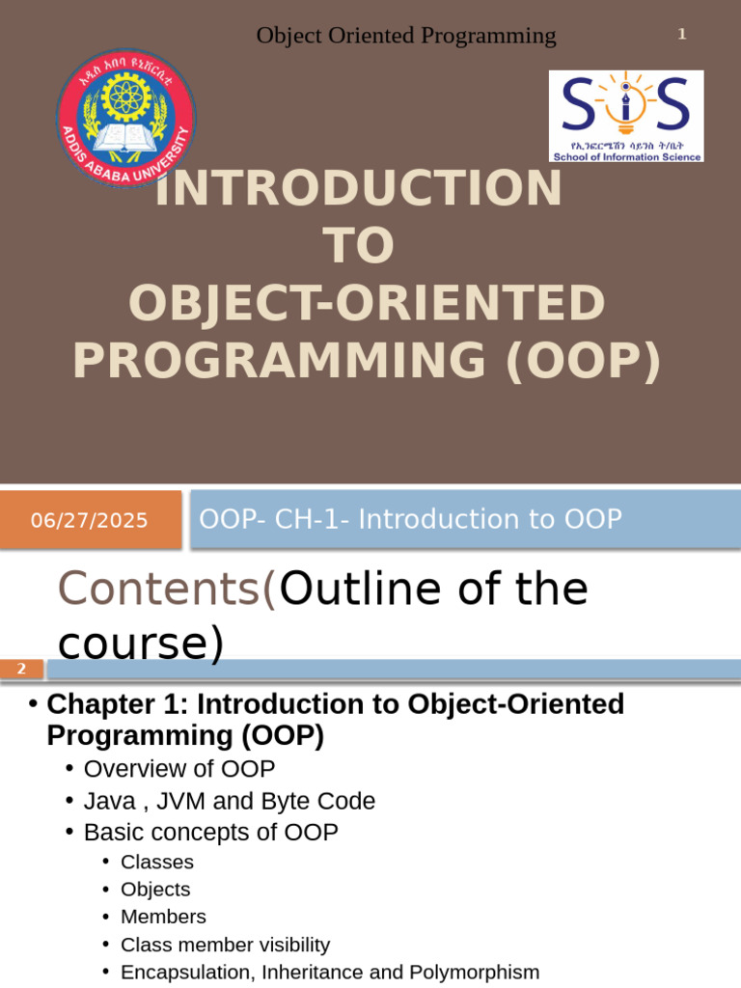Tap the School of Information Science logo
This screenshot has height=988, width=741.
pyautogui.click(x=626, y=116)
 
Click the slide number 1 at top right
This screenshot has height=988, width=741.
pyautogui.click(x=681, y=35)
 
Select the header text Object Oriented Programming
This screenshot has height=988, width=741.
pyautogui.click(x=406, y=36)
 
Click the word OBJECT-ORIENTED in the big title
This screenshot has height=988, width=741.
pyautogui.click(x=367, y=303)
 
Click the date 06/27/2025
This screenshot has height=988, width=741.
pyautogui.click(x=89, y=521)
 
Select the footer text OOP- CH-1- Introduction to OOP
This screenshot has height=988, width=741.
pyautogui.click(x=410, y=519)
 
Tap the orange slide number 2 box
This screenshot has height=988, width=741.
pyautogui.click(x=21, y=669)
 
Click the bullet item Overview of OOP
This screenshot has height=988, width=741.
pyautogui.click(x=179, y=769)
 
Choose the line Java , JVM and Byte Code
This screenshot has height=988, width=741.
pyautogui.click(x=230, y=801)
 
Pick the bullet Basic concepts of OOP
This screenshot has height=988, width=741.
pyautogui.click(x=211, y=832)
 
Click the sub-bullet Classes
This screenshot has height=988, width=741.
pyautogui.click(x=157, y=862)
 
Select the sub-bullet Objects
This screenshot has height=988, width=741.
pyautogui.click(x=155, y=889)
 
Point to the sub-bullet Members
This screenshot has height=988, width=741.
pyautogui.click(x=163, y=917)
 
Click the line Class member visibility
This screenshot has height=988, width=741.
pyautogui.click(x=225, y=945)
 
